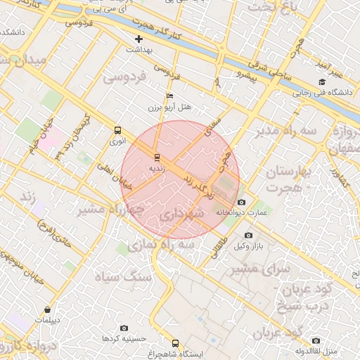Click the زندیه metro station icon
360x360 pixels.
(x=156, y=157)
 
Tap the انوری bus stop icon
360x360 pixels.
(x=117, y=130)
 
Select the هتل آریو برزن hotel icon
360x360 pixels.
(x=169, y=96)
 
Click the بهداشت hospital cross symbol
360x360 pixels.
(x=139, y=39)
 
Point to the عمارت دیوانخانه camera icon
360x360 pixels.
(x=242, y=202)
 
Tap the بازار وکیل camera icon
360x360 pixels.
(x=247, y=236)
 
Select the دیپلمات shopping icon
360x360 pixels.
(x=47, y=309)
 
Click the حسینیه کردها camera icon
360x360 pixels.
(x=124, y=328)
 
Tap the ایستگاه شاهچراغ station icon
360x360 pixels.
(x=175, y=344)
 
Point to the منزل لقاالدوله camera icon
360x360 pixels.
(x=316, y=341)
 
